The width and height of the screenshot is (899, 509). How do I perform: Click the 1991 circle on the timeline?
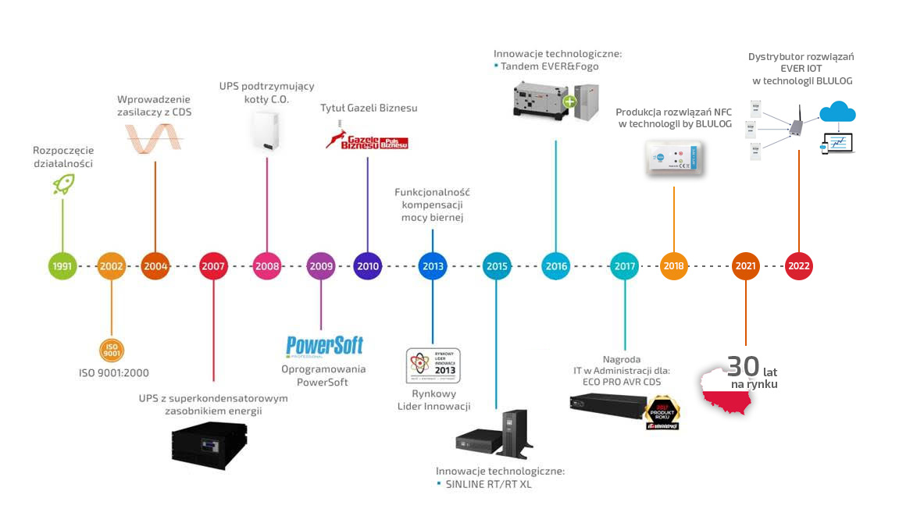tap(62, 266)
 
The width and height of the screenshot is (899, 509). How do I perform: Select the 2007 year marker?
tap(213, 266)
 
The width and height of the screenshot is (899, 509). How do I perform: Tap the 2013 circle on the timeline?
tap(433, 266)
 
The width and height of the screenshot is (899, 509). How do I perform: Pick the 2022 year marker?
tap(798, 266)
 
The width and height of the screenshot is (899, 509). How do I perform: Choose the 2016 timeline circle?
tap(556, 266)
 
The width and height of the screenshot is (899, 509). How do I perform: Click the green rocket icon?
tap(62, 183)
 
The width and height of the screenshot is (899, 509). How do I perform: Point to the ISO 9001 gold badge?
tap(112, 349)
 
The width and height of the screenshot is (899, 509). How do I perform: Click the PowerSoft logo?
tap(324, 346)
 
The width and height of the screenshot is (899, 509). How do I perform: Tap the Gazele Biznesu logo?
tap(367, 140)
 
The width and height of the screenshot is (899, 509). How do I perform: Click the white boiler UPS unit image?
tap(266, 131)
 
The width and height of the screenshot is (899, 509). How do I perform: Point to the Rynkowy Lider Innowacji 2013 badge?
tap(433, 365)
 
